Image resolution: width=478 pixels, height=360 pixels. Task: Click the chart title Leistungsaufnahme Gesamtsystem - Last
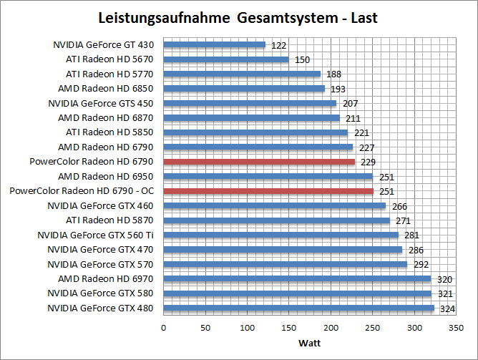pos(239,18)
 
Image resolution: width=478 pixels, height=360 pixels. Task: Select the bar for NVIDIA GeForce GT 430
pos(215,44)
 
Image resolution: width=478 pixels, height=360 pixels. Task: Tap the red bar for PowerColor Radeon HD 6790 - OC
pos(268,191)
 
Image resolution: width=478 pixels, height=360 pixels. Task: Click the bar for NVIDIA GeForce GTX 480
pos(298,308)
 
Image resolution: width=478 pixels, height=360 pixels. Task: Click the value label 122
pos(279,45)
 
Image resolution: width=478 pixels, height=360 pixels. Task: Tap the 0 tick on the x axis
pos(164,327)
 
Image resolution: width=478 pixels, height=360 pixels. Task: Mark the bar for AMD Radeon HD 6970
pos(297,279)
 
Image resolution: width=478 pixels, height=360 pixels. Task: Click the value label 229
pos(369,162)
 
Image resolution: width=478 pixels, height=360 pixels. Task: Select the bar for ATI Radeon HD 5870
pos(276,220)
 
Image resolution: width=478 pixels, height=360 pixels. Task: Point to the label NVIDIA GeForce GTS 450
pos(101,103)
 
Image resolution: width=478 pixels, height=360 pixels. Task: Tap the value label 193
pos(338,89)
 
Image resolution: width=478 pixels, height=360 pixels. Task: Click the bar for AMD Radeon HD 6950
pos(268,177)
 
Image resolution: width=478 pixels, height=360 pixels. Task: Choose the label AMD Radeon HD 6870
pos(106,117)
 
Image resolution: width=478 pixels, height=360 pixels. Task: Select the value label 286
pos(416,250)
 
